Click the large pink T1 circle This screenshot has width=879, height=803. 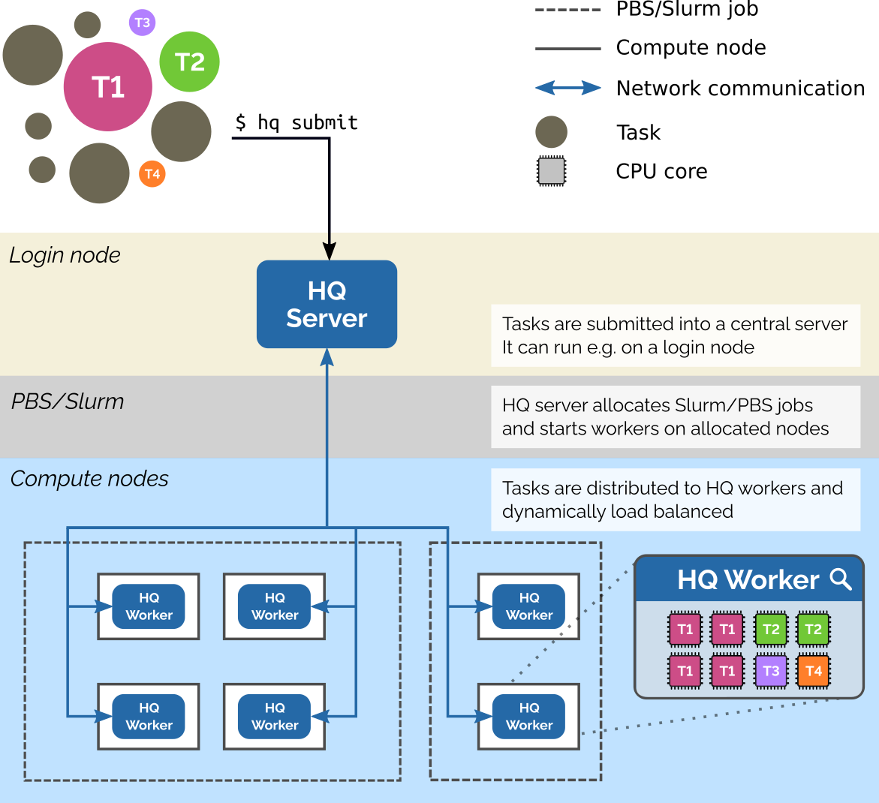point(108,87)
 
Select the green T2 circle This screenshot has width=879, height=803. point(189,62)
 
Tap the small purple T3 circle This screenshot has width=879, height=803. point(142,23)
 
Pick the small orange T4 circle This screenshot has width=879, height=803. point(152,174)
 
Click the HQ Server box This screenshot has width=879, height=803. point(327,304)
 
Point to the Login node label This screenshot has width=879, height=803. point(65,255)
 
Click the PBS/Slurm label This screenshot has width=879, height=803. point(68,401)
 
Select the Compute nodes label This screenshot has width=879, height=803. point(89,479)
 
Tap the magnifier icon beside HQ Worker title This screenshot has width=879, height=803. point(841,579)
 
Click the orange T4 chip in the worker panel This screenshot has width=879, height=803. point(813,671)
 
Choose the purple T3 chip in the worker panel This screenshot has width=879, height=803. point(771,671)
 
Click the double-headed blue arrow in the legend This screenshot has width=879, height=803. point(567,88)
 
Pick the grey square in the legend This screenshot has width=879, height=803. point(551,171)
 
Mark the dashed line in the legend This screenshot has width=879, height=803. point(567,11)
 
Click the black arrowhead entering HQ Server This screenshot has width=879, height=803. point(329,251)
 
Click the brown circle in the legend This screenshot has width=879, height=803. point(551,132)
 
